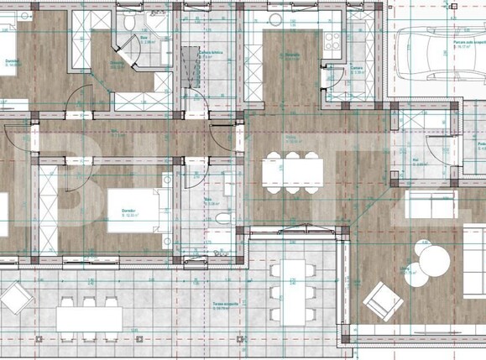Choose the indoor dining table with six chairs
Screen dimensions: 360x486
click(x=291, y=172)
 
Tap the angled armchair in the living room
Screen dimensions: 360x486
click(x=383, y=295)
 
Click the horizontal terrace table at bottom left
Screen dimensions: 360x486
click(x=89, y=318)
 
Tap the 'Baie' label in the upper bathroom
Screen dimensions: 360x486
click(x=144, y=38)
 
